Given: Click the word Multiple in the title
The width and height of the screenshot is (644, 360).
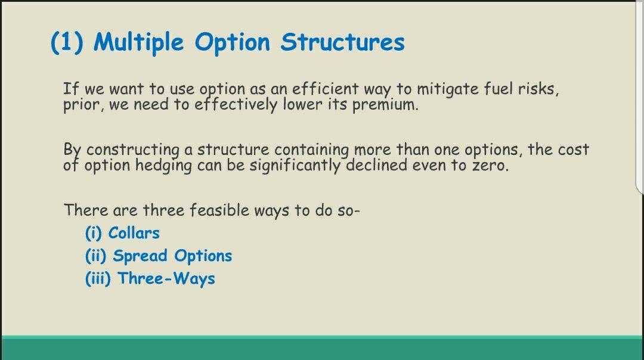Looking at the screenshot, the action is [x=139, y=43].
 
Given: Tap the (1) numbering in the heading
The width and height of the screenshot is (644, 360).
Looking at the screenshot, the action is [x=67, y=42].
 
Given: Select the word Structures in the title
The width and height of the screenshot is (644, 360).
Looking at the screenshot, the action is [x=342, y=42].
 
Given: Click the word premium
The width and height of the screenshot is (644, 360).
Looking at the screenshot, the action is [x=385, y=105].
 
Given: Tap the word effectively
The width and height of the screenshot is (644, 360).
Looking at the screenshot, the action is [x=236, y=105].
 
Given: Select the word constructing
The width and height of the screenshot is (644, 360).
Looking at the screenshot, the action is [x=132, y=150].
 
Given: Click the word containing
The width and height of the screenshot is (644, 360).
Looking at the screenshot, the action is [x=312, y=150].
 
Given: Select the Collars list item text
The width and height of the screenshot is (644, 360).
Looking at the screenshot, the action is [x=134, y=233].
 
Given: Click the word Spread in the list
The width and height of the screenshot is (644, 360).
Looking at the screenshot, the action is [x=140, y=256].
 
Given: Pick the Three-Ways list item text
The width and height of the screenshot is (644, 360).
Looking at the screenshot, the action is [x=166, y=278].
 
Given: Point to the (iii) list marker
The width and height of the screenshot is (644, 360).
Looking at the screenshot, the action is [x=98, y=279].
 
